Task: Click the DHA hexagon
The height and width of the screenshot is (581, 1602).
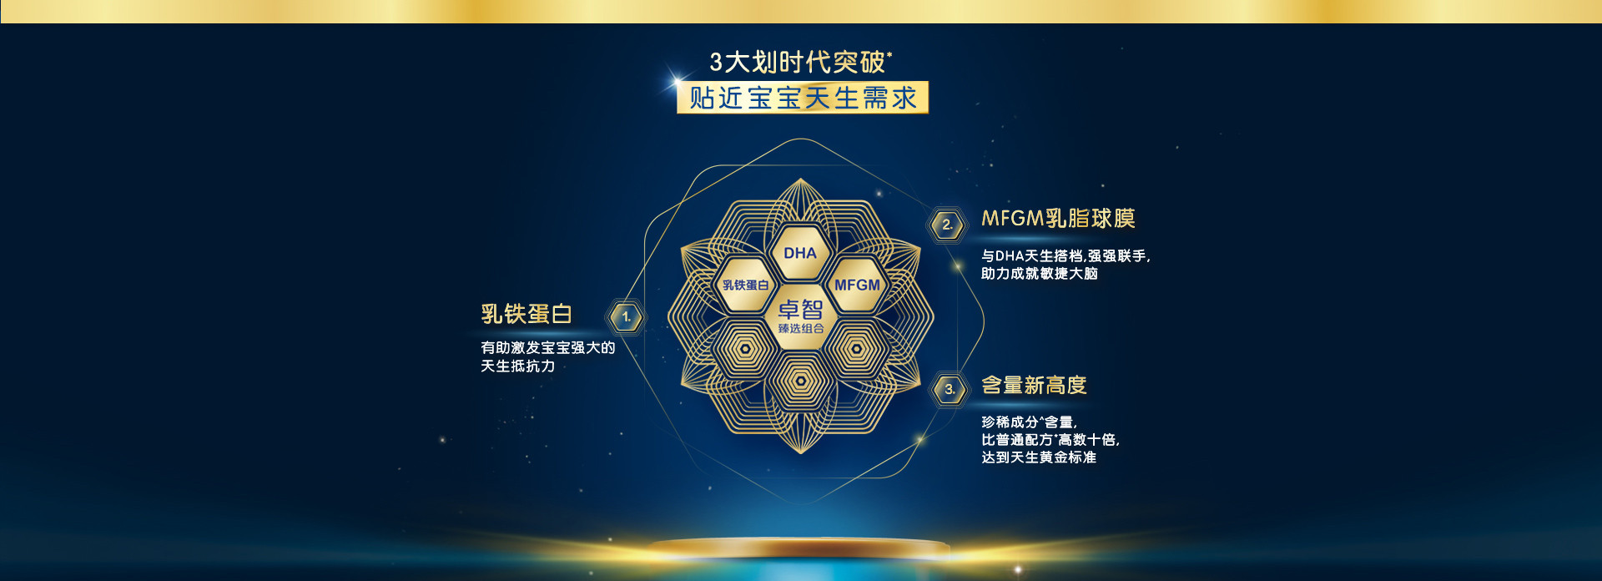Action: [x=800, y=252]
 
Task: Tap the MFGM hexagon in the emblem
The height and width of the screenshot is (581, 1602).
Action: [x=857, y=285]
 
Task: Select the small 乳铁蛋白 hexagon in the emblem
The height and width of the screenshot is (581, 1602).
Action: [x=745, y=285]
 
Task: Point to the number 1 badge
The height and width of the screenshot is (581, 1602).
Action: [x=626, y=317]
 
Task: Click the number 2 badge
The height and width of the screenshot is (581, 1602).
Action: [x=947, y=225]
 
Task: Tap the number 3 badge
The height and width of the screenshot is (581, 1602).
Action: [x=949, y=389]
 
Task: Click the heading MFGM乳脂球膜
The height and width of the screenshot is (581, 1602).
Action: [x=1058, y=219]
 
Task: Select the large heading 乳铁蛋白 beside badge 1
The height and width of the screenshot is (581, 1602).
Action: [x=526, y=314]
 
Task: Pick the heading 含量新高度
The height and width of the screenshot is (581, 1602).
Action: [x=1034, y=385]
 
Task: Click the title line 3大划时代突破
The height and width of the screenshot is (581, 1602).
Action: [x=800, y=62]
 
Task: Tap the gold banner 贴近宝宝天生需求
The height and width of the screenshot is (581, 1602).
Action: [x=803, y=98]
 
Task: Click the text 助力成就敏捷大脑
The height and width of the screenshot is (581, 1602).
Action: [x=1040, y=274]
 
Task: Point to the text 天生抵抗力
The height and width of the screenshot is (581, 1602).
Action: [x=517, y=366]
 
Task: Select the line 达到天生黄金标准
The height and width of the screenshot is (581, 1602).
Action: [x=1039, y=457]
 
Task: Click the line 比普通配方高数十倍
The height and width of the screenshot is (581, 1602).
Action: [x=1050, y=440]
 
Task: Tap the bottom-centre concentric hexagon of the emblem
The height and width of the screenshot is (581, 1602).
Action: [x=801, y=381]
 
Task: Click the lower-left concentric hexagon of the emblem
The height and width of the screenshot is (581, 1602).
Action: [x=745, y=350]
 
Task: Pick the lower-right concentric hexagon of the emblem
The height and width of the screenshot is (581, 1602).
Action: [x=857, y=350]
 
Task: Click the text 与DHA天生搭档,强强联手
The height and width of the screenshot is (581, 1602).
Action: [x=1065, y=256]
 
